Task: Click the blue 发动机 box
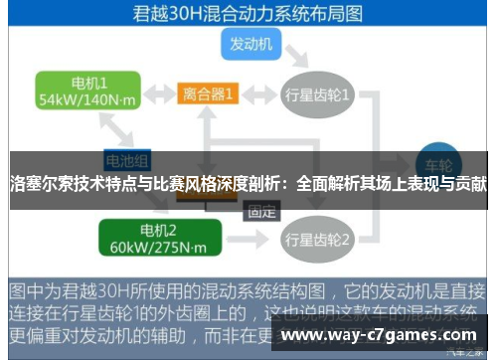(x=255, y=44)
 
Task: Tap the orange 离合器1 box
(x=209, y=94)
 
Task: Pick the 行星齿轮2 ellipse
(x=317, y=239)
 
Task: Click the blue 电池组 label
(x=127, y=159)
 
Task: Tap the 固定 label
(x=261, y=211)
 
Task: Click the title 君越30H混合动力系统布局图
(x=248, y=14)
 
